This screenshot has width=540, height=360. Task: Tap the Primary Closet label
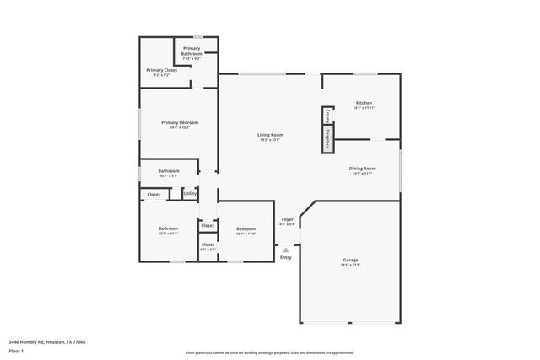(161, 72)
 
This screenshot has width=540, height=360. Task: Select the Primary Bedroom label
(179, 125)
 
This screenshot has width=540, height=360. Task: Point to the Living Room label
(270, 137)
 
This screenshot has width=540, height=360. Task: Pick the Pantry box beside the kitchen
(327, 116)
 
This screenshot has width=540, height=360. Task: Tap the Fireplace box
(327, 140)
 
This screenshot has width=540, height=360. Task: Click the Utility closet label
(190, 194)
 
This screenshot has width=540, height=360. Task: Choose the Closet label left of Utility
(154, 195)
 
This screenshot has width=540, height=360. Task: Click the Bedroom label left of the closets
(168, 230)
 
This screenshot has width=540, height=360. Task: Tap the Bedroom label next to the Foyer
(246, 230)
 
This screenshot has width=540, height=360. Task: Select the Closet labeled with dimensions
(208, 246)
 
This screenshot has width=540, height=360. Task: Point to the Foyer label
(288, 222)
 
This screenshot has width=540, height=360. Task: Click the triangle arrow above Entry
(286, 250)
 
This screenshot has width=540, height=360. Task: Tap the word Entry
(286, 257)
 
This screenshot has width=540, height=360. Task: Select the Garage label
(350, 261)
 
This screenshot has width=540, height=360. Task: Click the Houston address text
(49, 341)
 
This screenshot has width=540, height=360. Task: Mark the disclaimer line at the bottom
(269, 352)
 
